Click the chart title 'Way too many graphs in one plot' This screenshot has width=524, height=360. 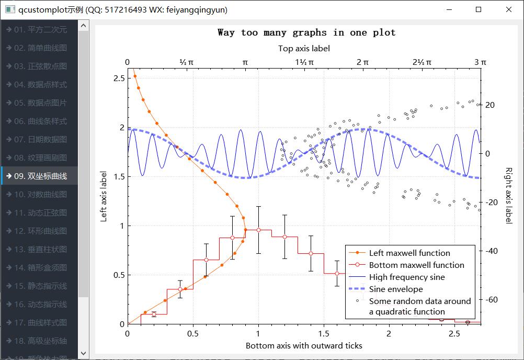tap(306, 32)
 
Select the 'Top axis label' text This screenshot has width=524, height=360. tap(304, 49)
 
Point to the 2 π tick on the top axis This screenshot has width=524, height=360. tap(362, 62)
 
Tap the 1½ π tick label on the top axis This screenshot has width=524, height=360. tap(304, 62)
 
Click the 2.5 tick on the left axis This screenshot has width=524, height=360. tap(119, 78)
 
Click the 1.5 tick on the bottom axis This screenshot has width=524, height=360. tap(324, 334)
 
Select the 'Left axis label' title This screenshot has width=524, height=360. tap(104, 197)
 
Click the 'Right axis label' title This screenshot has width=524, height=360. tap(508, 195)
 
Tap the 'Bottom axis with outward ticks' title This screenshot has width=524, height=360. tap(304, 345)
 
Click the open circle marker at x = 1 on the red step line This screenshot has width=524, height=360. tap(258, 230)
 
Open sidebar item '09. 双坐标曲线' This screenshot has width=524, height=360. tap(41, 176)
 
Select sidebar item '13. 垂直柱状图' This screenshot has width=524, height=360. tap(41, 250)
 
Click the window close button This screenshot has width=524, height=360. tap(508, 9)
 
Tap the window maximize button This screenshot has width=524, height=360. tap(478, 9)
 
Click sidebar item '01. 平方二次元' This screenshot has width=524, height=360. tap(41, 30)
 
